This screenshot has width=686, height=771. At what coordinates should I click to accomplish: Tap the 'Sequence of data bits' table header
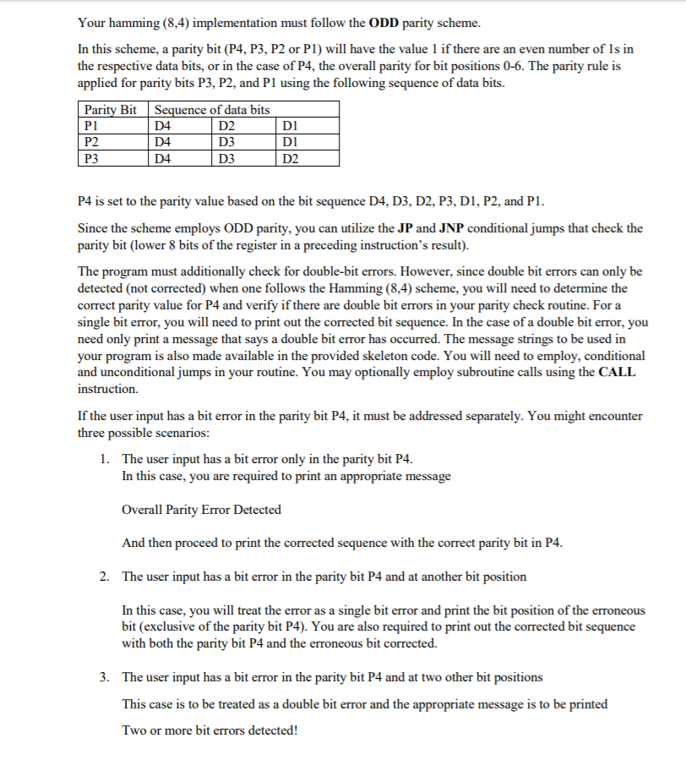212,110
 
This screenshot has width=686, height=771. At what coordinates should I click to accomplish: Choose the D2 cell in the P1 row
227,126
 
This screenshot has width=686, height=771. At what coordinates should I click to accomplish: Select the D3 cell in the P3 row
227,156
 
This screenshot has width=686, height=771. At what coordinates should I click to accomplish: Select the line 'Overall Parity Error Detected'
202,510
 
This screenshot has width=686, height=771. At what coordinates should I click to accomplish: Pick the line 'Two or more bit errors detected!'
210,729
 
